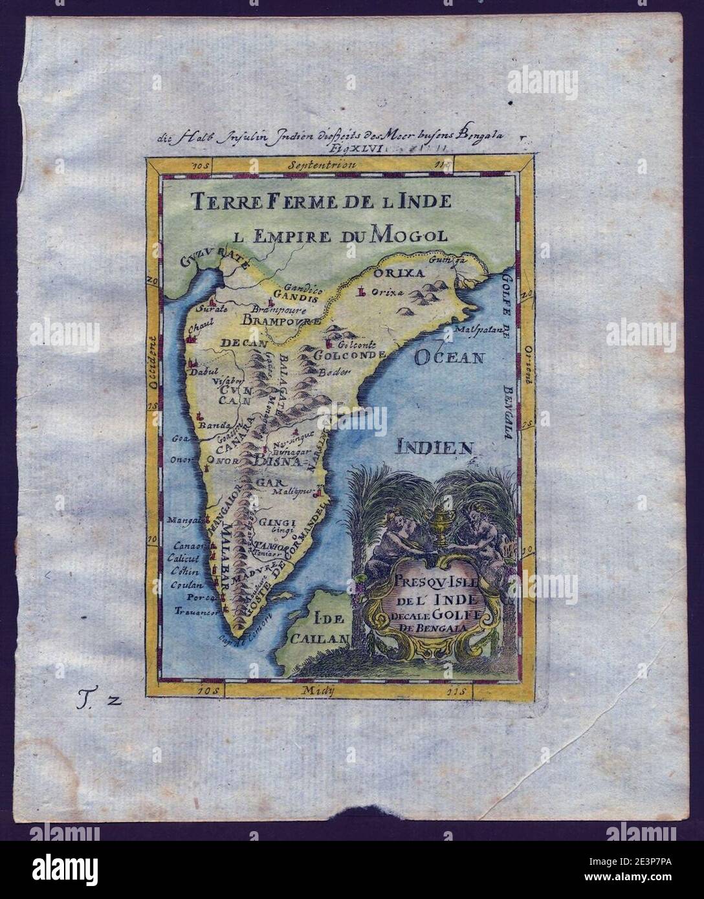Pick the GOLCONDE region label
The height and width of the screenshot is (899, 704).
click(349, 354)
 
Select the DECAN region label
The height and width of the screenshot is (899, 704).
click(244, 343)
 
